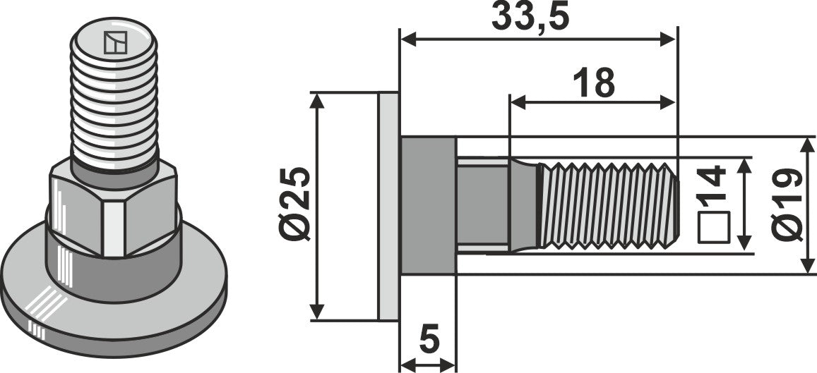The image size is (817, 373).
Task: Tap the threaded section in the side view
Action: (x=607, y=204)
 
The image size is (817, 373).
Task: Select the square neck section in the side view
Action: (x=482, y=204)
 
